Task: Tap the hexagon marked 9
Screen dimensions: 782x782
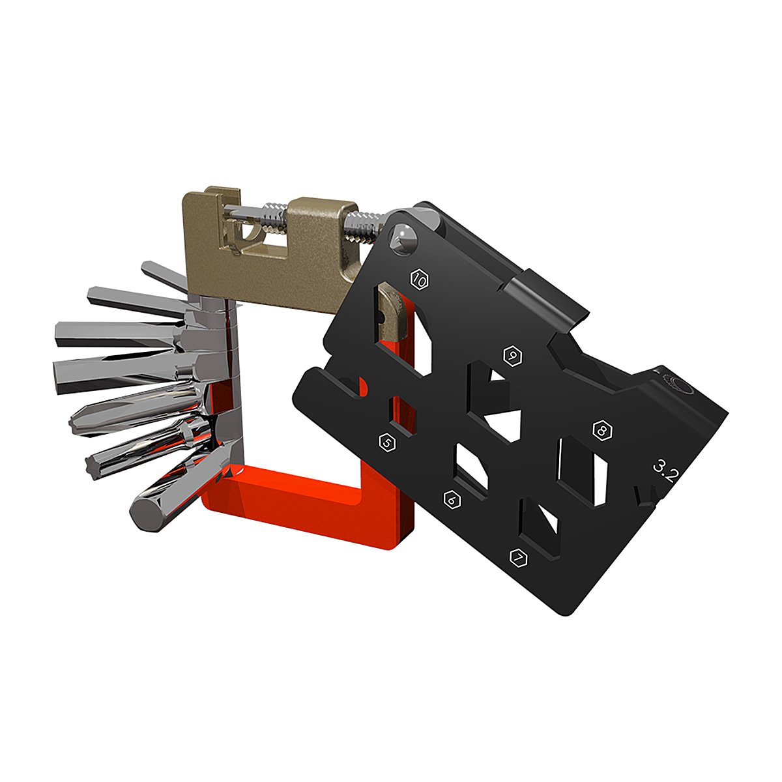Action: pyautogui.click(x=514, y=355)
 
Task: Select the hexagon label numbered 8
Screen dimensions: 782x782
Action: pyautogui.click(x=603, y=430)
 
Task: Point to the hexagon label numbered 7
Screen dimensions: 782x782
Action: pyautogui.click(x=518, y=558)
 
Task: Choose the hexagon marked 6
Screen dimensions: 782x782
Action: pyautogui.click(x=452, y=500)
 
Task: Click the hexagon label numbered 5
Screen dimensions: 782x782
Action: pyautogui.click(x=387, y=442)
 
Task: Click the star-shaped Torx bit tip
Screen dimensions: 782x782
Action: pyautogui.click(x=91, y=465)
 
